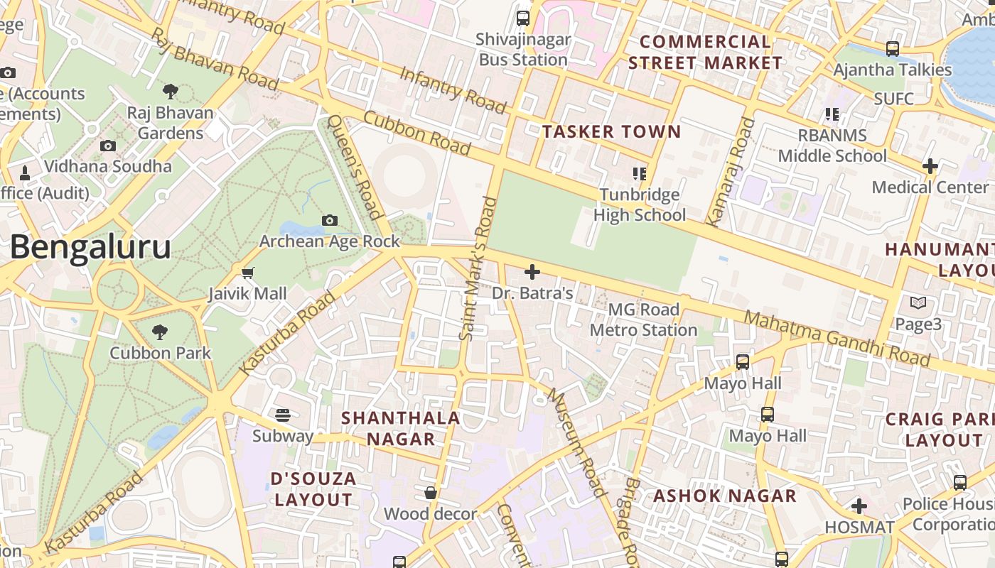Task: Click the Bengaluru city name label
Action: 90,248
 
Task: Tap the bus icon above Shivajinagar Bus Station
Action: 523,18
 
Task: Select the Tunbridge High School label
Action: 640,204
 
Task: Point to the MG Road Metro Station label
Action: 644,319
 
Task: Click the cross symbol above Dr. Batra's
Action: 532,272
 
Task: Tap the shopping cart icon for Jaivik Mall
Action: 248,273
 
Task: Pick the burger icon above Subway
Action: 283,415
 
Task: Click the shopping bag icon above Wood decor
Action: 431,493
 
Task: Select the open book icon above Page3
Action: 918,303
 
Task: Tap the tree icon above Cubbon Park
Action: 160,332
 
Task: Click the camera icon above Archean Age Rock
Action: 329,220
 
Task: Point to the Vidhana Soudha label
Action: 108,166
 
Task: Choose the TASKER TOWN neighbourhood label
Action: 611,131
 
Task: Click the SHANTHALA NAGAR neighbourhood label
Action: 400,428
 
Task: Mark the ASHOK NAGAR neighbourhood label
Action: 725,496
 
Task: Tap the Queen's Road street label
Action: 355,168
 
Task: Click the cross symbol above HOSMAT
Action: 859,506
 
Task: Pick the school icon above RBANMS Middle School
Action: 832,114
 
